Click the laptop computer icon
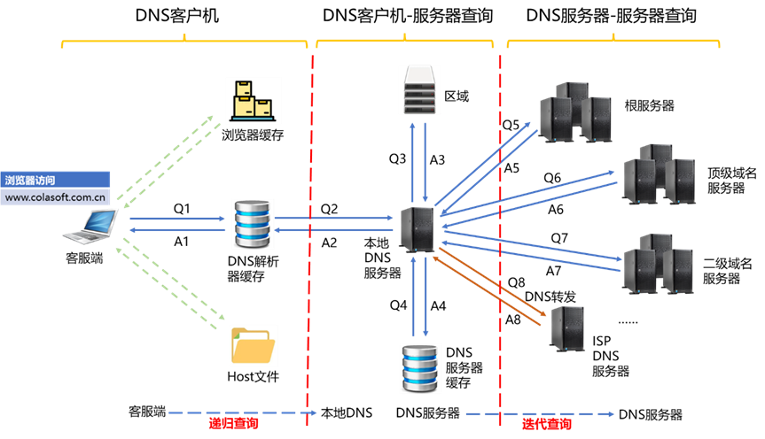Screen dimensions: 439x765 tap(90, 227)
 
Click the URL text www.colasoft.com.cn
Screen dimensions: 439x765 tap(56, 197)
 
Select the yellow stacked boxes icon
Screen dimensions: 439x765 tap(253, 101)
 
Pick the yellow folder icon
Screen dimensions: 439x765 tap(254, 345)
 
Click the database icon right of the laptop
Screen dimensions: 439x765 tap(253, 224)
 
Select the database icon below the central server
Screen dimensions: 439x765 tap(419, 367)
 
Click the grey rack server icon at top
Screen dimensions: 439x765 tap(418, 89)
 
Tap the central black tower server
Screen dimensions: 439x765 tap(417, 229)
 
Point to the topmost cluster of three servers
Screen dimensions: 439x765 tap(575, 112)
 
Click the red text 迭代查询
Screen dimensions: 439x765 tap(546, 424)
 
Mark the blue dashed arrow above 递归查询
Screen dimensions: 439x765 tap(241, 412)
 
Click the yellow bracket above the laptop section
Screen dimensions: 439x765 tap(184, 40)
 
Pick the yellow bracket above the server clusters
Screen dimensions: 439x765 tap(613, 40)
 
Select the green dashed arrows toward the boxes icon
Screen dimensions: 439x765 tap(168, 155)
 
